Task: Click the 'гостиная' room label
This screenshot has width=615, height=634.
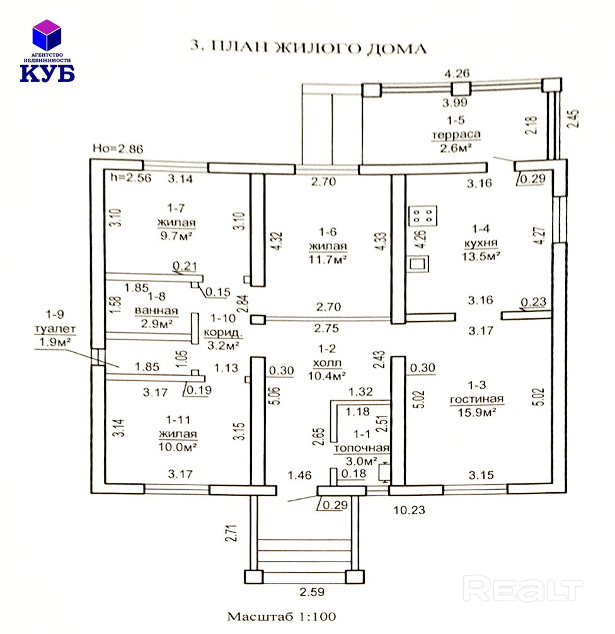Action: coord(476,399)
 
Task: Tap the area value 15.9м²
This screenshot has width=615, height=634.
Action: coord(476,412)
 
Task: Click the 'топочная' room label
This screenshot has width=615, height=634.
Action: coord(361,447)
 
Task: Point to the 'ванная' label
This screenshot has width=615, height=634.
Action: coord(156,311)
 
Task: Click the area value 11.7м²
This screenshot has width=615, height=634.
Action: coord(327,258)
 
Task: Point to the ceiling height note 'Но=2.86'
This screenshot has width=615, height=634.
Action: coord(118,149)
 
